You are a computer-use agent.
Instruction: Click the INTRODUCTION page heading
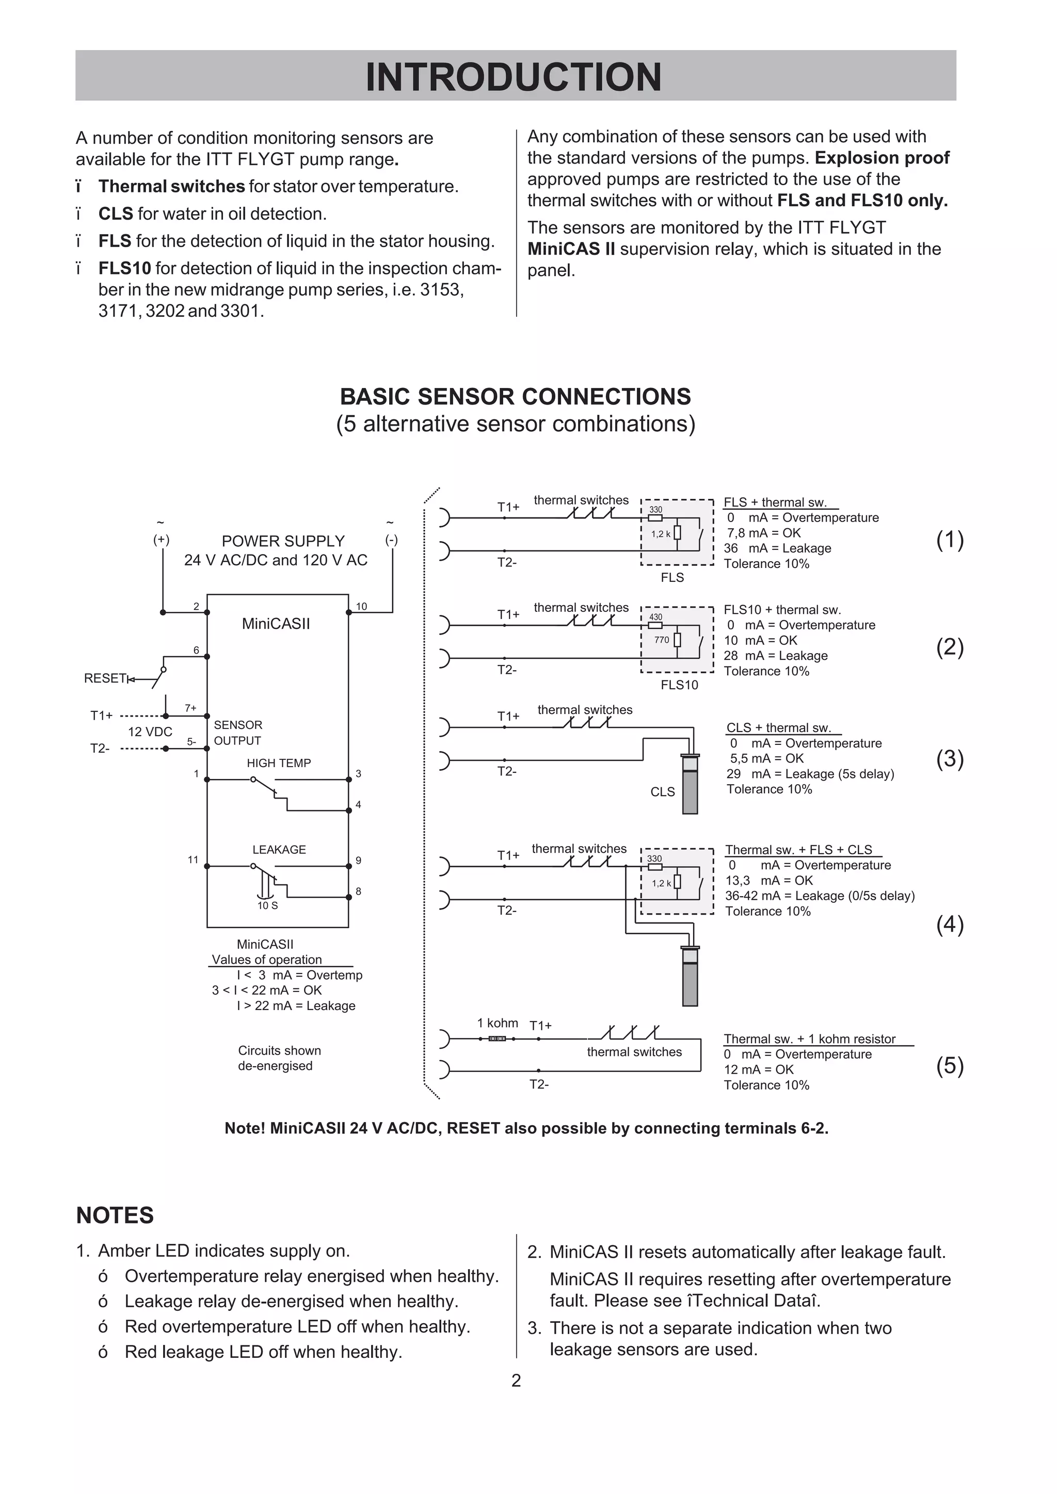514,77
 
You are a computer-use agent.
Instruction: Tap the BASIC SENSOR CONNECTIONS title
516,396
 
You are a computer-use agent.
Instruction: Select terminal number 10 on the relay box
361,607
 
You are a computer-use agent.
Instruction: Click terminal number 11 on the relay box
193,859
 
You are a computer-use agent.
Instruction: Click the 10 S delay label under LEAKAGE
267,905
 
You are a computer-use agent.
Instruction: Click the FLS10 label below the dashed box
679,685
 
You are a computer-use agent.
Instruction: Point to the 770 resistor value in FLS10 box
661,640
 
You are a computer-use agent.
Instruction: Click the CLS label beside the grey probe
663,791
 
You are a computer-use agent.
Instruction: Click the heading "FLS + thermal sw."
775,502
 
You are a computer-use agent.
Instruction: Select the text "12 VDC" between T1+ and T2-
150,732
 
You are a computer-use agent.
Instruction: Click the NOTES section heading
115,1215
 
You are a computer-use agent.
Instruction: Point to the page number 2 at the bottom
516,1381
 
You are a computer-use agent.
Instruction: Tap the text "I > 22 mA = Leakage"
296,1005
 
